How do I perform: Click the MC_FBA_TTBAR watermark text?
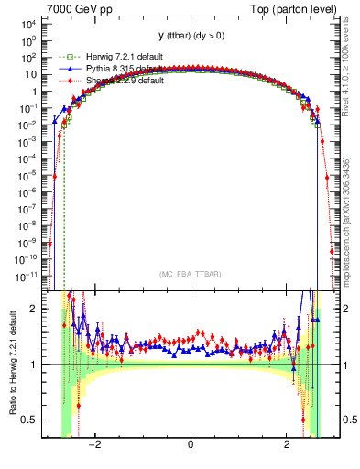[x=190, y=273]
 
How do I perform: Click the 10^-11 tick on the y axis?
[x=27, y=275]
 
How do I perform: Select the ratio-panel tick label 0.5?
[x=32, y=420]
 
